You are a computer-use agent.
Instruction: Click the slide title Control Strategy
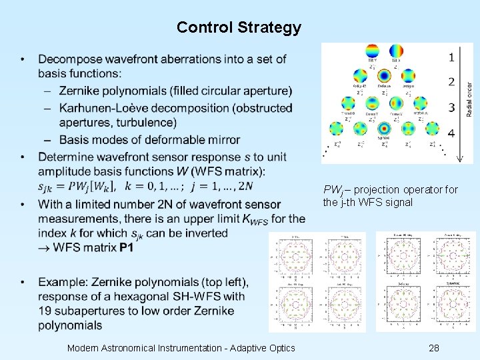point(239,28)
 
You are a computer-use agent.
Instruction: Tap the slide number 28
point(434,348)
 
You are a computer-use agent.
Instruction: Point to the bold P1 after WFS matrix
point(127,248)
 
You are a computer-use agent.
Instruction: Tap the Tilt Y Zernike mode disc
point(371,52)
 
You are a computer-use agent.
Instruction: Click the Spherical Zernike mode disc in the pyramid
point(383,129)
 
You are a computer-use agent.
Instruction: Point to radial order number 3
point(451,107)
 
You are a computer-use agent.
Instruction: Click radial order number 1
point(451,57)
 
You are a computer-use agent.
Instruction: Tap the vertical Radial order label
point(468,100)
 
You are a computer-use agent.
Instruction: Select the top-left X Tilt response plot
point(295,259)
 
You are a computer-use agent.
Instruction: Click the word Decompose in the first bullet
point(69,60)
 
